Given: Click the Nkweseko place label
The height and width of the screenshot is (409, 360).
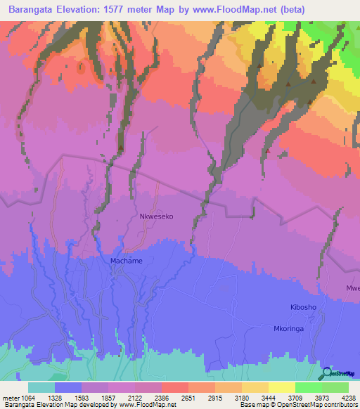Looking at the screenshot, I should pyautogui.click(x=156, y=217).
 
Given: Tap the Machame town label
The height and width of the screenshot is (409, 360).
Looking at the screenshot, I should pyautogui.click(x=127, y=261).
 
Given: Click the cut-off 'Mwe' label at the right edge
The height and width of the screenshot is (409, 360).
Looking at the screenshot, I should pyautogui.click(x=352, y=288).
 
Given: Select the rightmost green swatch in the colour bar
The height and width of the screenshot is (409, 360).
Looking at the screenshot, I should pyautogui.click(x=335, y=387).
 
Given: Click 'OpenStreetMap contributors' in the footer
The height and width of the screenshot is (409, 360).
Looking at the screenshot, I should pyautogui.click(x=317, y=405).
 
